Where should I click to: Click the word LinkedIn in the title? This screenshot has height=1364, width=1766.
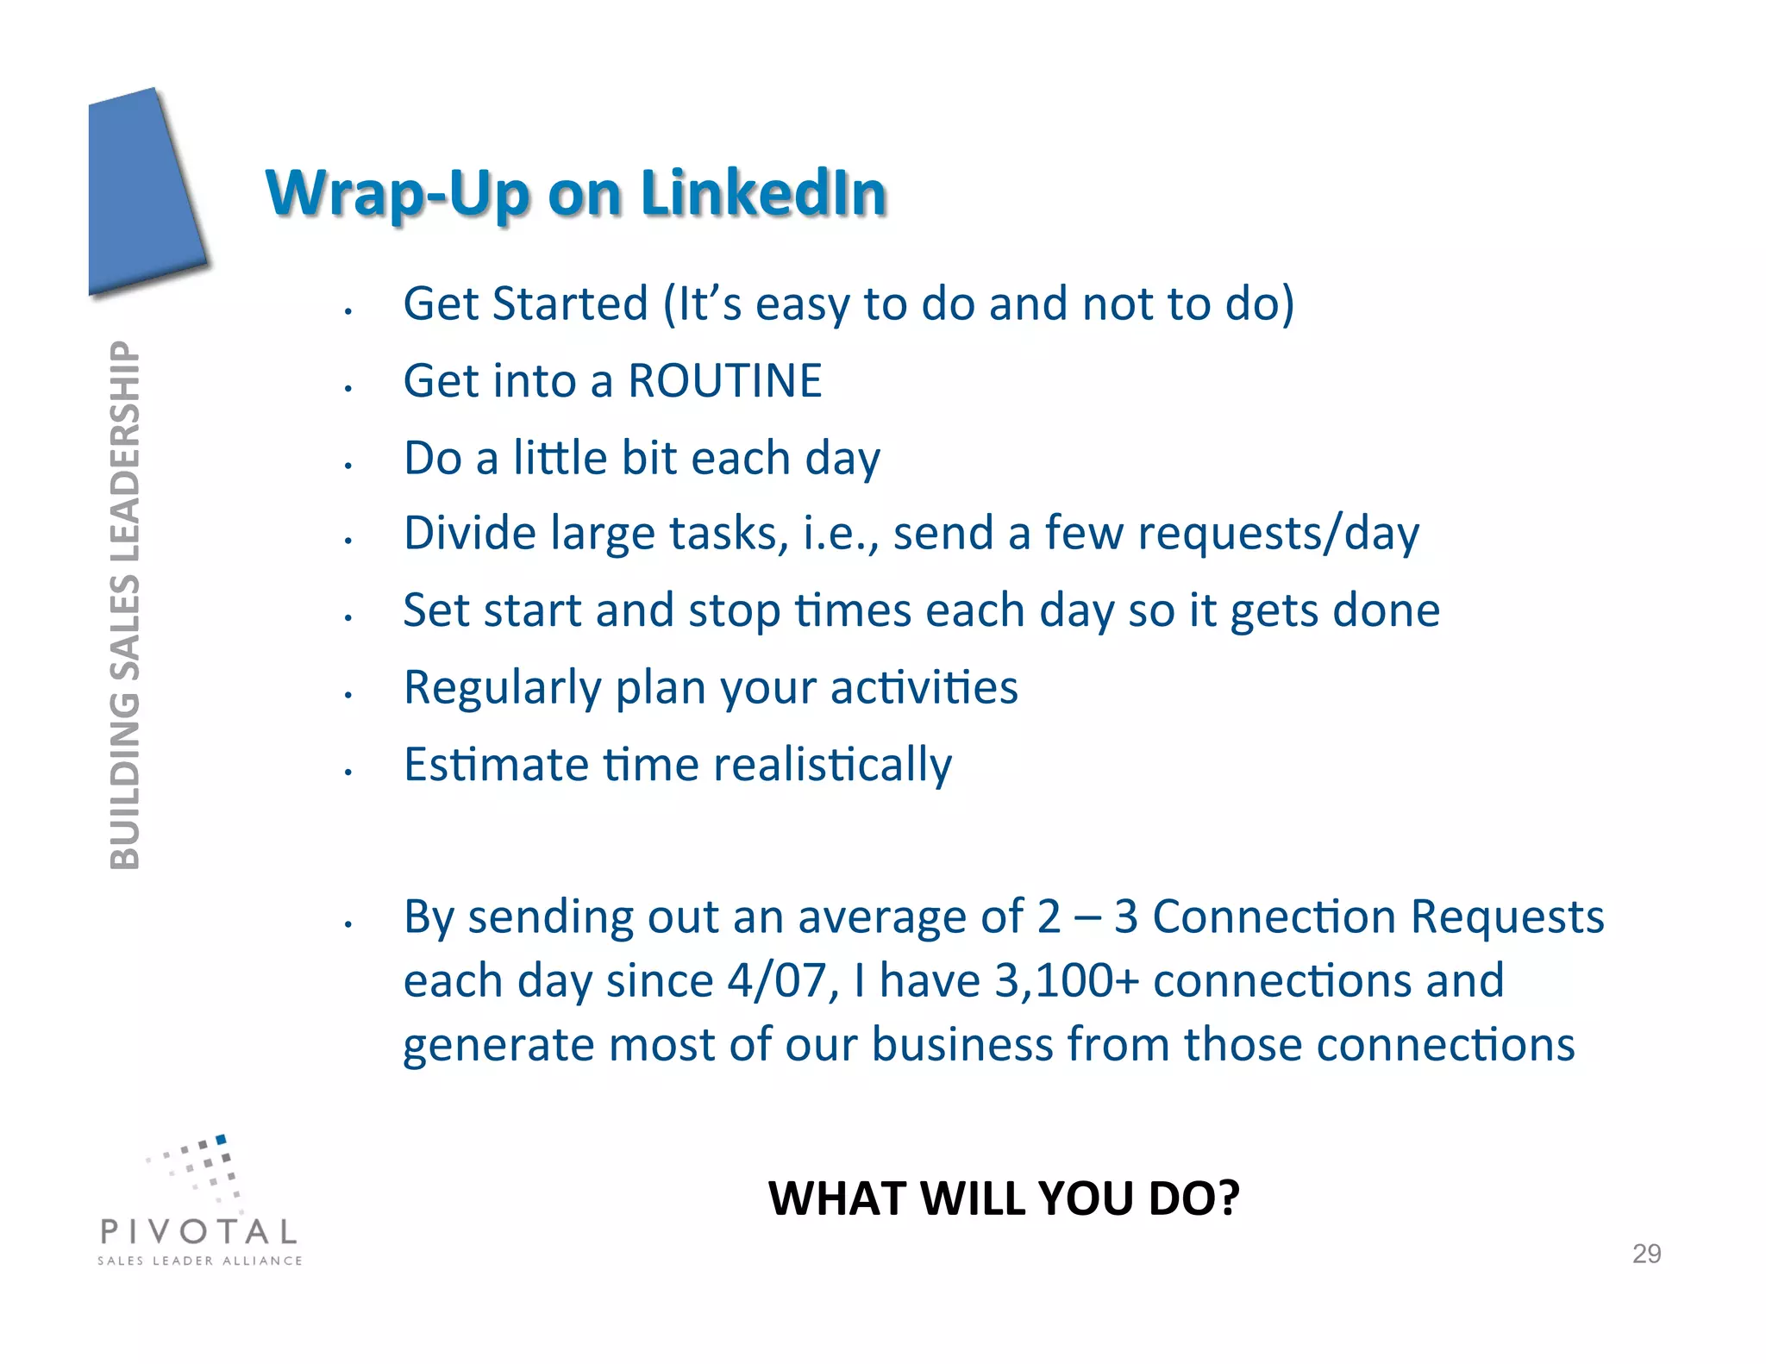click(763, 193)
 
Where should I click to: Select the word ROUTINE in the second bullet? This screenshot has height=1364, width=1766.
click(724, 381)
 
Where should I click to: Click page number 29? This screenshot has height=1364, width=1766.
click(1646, 1254)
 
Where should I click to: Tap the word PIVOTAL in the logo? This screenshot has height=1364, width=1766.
click(199, 1231)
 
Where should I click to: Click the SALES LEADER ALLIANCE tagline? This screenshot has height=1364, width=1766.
click(200, 1261)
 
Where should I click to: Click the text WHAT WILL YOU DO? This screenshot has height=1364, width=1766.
click(1004, 1198)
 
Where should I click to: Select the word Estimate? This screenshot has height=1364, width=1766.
click(496, 765)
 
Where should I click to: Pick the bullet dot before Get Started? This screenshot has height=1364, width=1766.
click(348, 311)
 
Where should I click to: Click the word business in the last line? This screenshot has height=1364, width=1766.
click(962, 1045)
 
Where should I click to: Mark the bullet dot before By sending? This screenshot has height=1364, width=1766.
click(348, 924)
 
